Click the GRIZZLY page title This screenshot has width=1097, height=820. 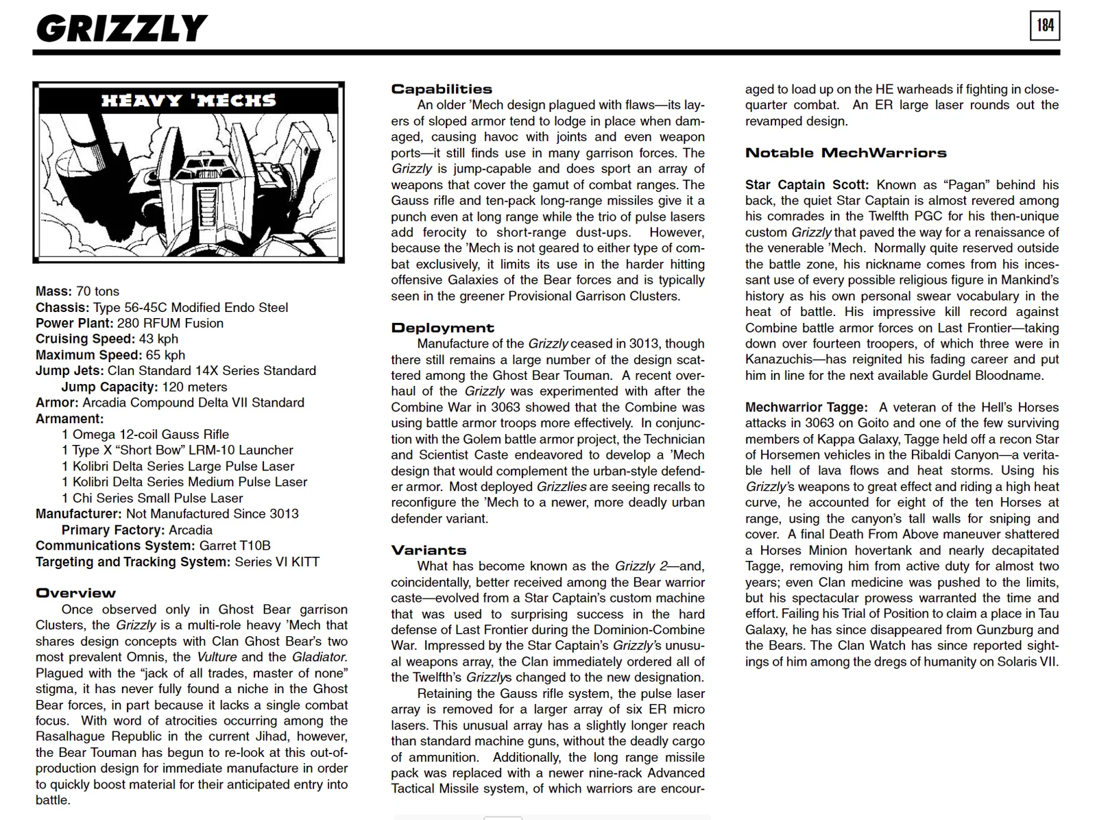click(121, 29)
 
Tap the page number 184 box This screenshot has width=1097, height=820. click(1044, 26)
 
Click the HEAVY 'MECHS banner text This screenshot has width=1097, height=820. click(189, 101)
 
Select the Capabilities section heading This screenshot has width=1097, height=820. click(442, 89)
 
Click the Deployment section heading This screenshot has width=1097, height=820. click(442, 328)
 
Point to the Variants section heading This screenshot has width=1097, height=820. click(429, 550)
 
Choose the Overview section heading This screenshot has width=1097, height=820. click(75, 593)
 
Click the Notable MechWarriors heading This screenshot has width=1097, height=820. click(845, 153)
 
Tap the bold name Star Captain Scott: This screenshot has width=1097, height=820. click(806, 185)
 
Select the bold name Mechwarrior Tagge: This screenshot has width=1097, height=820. click(806, 407)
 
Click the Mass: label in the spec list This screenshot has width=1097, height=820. click(53, 291)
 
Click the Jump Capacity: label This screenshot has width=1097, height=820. click(110, 387)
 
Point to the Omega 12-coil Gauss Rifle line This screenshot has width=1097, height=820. click(145, 435)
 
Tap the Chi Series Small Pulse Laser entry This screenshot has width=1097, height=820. click(152, 498)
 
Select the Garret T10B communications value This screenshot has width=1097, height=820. click(234, 546)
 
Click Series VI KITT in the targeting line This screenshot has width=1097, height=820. click(276, 562)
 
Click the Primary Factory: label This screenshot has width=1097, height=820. click(113, 530)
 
